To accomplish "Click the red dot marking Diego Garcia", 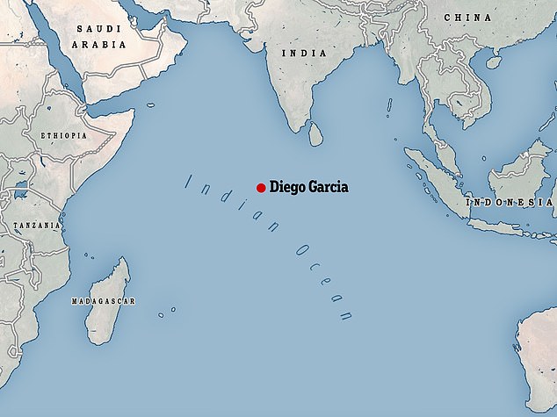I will (261, 187).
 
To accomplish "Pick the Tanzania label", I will (36, 226).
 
